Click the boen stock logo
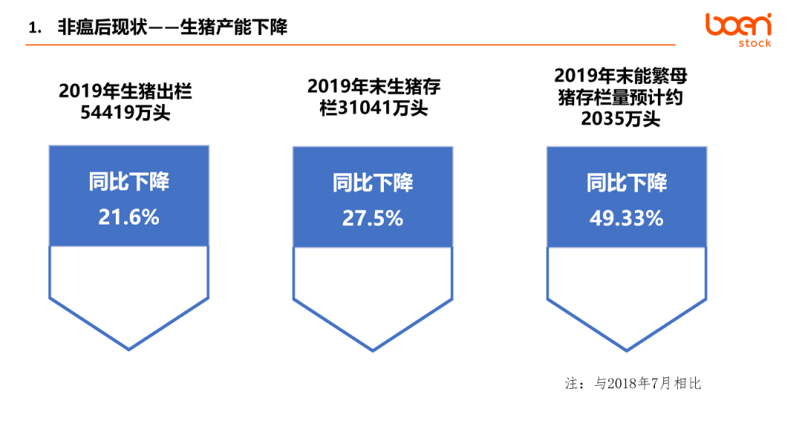(x=738, y=29)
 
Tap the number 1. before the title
(x=33, y=28)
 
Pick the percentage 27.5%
(x=372, y=218)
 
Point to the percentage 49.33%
(x=626, y=218)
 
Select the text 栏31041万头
(x=374, y=108)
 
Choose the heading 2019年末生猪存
(x=374, y=87)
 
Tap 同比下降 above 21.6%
(x=128, y=182)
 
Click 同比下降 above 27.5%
(x=372, y=183)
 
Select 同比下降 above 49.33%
(x=626, y=183)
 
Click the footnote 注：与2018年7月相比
(x=633, y=384)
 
